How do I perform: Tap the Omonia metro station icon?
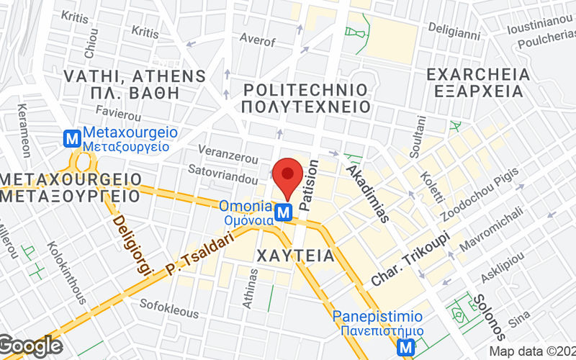pos(285,212)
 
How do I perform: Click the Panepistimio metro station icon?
pos(408,348)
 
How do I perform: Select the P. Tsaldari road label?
pos(202,253)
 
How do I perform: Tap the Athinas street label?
pos(250,288)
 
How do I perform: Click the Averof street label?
pos(257,38)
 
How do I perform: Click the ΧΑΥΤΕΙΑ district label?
pos(295,255)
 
